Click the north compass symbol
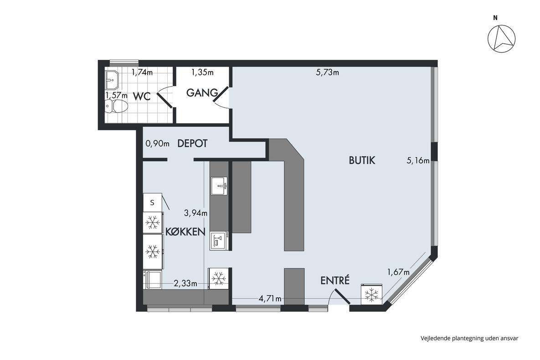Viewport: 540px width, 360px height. click(x=501, y=39)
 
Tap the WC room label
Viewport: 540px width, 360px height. click(x=142, y=97)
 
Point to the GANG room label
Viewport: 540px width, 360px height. click(x=202, y=93)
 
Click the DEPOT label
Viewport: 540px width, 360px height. click(x=192, y=143)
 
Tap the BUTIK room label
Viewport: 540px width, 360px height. click(x=362, y=160)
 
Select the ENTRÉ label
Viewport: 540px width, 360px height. click(x=335, y=280)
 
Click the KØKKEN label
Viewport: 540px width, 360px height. click(x=185, y=231)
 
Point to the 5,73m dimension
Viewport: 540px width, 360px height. click(x=327, y=72)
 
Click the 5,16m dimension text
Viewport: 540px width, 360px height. click(x=418, y=160)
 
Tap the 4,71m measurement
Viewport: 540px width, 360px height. click(x=270, y=298)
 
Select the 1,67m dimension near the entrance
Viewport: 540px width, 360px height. click(x=398, y=272)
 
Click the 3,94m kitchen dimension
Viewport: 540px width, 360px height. click(x=195, y=213)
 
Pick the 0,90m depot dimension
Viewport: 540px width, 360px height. click(x=157, y=144)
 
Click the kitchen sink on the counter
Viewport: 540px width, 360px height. click(x=219, y=186)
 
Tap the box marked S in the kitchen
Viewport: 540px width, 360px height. click(x=152, y=202)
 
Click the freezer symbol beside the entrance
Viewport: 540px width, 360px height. click(x=371, y=294)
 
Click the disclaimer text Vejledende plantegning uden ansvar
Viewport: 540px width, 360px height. click(x=469, y=338)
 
